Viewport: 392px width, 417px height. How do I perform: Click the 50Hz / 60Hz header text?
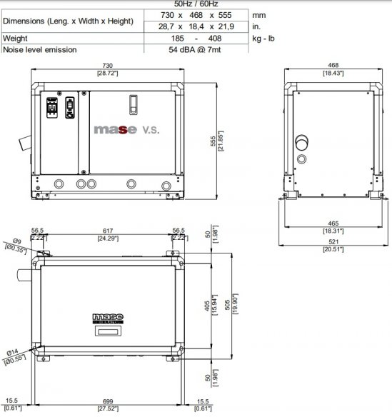196,4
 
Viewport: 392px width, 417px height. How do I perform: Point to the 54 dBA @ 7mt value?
196,49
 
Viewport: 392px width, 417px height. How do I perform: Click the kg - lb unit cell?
264,38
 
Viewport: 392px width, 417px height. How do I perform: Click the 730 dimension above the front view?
107,66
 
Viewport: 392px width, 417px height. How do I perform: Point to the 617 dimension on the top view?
107,231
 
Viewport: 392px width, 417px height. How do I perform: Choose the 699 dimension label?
106,403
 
